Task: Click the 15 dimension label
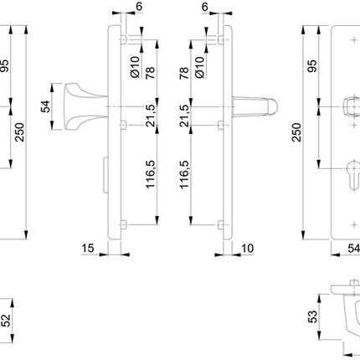(x=90, y=248)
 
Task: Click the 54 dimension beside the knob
(x=46, y=107)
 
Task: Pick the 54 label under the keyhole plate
(x=352, y=248)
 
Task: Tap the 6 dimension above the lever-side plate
(x=205, y=7)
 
